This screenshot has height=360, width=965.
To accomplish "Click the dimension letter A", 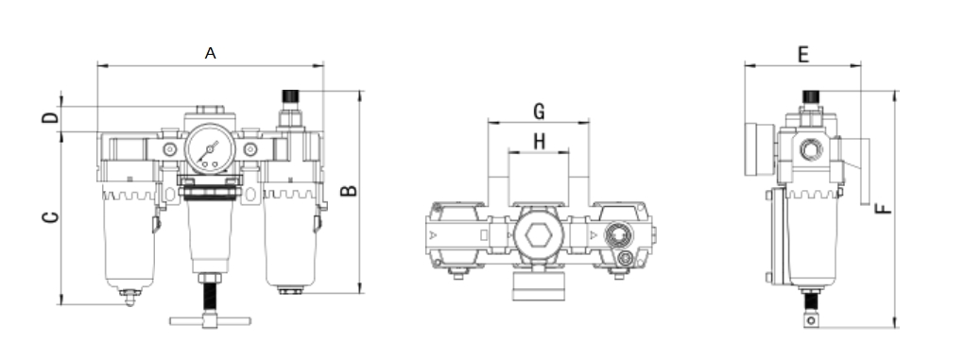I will pos(211,54).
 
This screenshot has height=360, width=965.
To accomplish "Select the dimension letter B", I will pos(349,191).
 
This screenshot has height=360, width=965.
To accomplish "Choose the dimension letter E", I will pos(802,54).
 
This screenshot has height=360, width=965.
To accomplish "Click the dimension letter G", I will pos(538,111).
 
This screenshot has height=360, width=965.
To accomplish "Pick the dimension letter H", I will pos(538,142).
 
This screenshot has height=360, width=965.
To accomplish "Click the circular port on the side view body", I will pos(809,149).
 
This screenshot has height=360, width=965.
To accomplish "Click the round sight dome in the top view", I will pos(619,231).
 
